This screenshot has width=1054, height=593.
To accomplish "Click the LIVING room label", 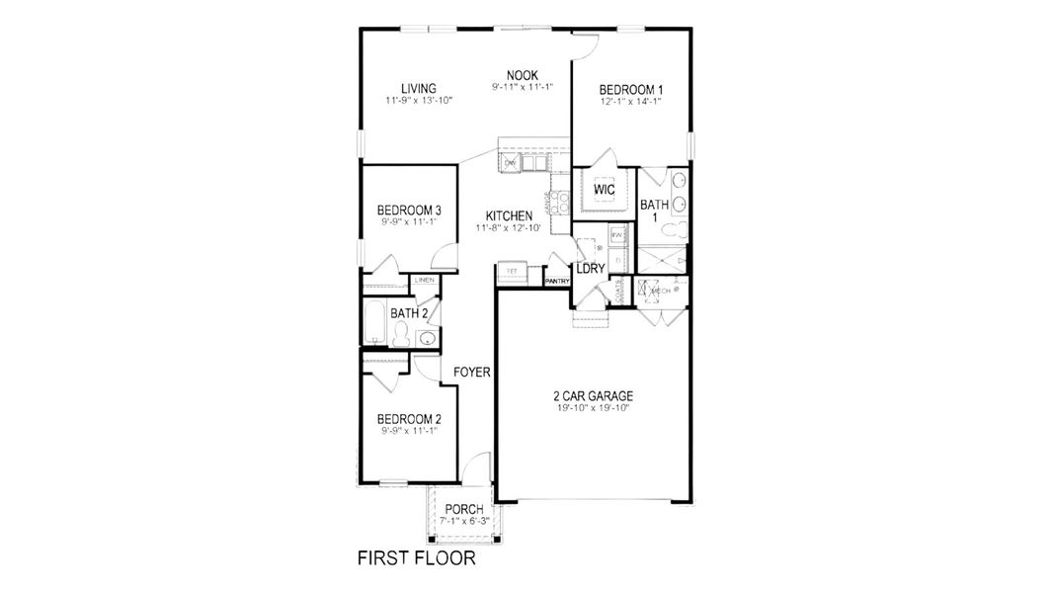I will coord(419,88).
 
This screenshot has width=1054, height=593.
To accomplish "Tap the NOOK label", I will coord(522,75).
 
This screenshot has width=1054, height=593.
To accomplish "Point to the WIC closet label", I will coord(605,189).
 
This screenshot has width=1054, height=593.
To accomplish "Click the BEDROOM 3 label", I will coord(409,211).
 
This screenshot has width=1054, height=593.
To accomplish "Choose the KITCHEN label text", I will coord(509,215).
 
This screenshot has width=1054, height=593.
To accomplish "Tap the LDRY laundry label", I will coord(590,268).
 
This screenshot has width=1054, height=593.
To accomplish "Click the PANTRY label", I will coord(558,282).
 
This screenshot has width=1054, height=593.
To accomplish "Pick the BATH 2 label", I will coord(408,313).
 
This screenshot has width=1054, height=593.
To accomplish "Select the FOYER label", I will coord(472,373).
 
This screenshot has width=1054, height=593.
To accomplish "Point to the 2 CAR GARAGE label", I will coord(593,396).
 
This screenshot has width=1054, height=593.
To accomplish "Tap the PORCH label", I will coord(463,510).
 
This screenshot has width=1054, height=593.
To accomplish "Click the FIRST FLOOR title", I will coord(416,559).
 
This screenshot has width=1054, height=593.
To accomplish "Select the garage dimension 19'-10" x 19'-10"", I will coord(593,407).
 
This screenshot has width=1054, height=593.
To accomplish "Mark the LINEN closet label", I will coord(425,281).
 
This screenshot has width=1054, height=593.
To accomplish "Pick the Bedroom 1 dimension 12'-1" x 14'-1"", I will coord(629,100).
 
